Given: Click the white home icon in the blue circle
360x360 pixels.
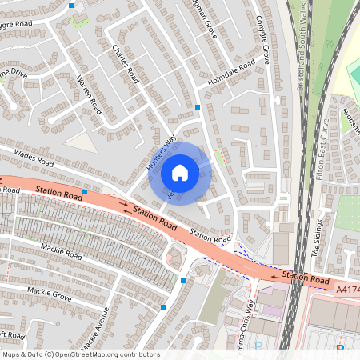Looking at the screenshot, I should (180, 172).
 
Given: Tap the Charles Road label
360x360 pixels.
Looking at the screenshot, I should (125, 65).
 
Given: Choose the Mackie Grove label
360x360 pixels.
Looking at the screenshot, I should (50, 294).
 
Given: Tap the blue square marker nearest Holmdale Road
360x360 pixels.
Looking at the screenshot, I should (198, 106).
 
